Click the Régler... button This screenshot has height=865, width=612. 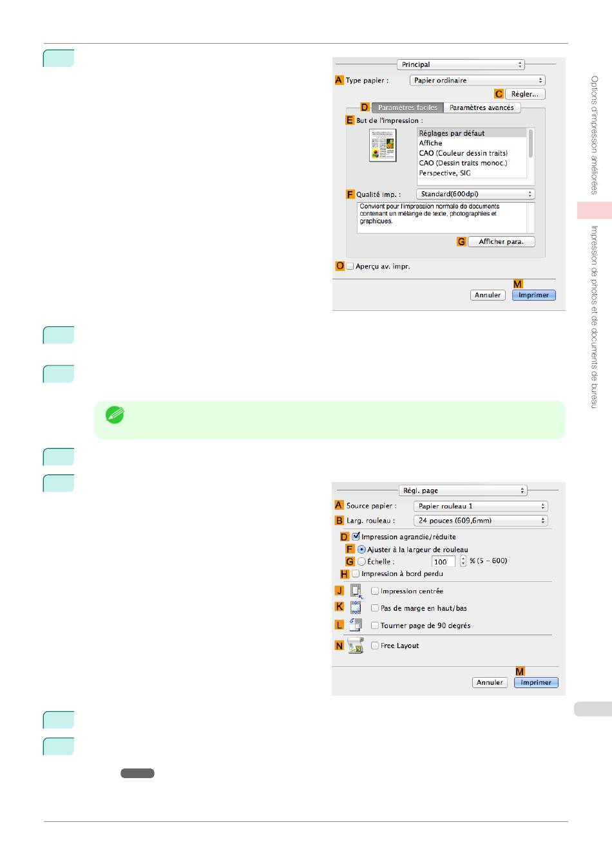point(525,94)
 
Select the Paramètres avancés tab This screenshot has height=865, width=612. point(481,107)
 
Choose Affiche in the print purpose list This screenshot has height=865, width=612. point(431,143)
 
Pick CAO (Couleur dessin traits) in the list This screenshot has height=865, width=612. point(463,153)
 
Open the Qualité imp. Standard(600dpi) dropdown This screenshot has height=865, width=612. point(475,194)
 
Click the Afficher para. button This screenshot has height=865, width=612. point(501,242)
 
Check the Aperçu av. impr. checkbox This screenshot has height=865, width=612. point(350,266)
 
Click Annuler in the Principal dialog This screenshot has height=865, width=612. point(488,295)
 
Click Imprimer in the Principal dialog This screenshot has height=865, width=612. point(533,295)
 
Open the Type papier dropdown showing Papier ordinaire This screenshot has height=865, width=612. point(477,80)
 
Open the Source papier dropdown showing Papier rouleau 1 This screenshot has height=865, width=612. point(481,506)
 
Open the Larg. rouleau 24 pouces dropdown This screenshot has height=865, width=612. point(481,521)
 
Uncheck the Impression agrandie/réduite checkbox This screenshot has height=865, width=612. point(356,536)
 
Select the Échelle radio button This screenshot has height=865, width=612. point(362,561)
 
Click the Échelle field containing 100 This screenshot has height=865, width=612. point(443,562)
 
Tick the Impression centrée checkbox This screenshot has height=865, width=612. point(375,591)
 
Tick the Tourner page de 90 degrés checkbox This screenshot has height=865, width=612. point(375,625)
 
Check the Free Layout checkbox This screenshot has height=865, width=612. point(375,646)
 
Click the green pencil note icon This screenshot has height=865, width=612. point(115,415)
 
